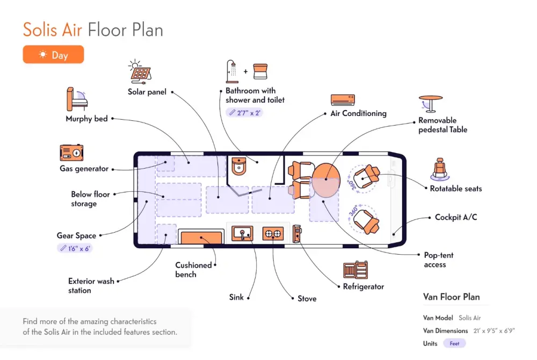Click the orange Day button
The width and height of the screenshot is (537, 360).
(x=53, y=54)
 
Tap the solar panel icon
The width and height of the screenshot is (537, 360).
(x=140, y=71)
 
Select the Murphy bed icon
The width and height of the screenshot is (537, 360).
(x=77, y=99)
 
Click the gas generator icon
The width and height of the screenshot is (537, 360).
(x=71, y=153)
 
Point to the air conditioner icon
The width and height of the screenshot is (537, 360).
(x=343, y=100)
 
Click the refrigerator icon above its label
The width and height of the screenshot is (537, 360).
(x=355, y=270)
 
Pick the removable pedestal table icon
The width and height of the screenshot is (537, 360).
(x=431, y=104)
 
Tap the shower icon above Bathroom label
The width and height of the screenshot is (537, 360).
(x=232, y=71)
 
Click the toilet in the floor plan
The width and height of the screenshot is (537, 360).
(x=239, y=166)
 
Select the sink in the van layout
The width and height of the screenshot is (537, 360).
(x=243, y=234)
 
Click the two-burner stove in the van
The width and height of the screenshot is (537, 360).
(x=273, y=234)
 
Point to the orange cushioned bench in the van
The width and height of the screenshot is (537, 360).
(x=201, y=237)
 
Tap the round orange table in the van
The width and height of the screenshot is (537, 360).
(x=326, y=180)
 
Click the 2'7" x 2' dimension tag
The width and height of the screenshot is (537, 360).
(x=244, y=112)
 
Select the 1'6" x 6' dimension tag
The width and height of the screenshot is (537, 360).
(x=75, y=248)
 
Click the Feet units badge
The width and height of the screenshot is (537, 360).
(x=454, y=343)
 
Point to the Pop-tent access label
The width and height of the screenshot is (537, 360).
(x=438, y=260)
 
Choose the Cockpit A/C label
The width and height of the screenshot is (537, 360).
(x=456, y=217)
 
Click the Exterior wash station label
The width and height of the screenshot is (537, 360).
(x=91, y=286)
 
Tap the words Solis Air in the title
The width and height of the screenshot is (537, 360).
(x=53, y=30)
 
